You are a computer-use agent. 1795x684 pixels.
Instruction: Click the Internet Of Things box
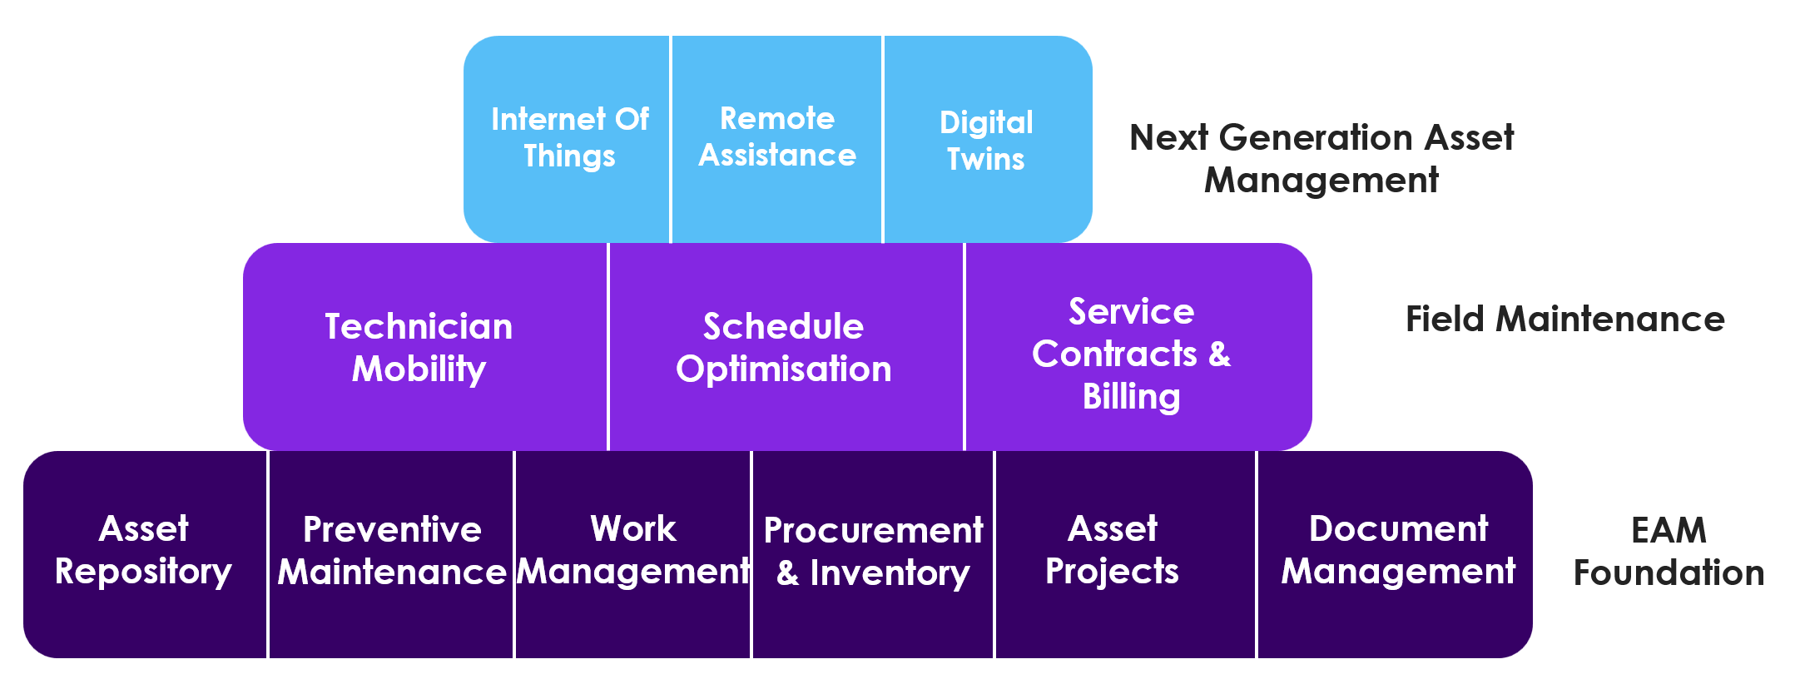[x=567, y=139]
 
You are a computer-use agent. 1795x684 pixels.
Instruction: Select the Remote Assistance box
[x=776, y=139]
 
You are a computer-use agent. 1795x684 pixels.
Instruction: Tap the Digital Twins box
[x=988, y=139]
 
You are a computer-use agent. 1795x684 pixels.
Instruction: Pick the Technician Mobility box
[x=425, y=347]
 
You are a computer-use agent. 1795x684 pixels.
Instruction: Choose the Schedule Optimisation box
[x=786, y=347]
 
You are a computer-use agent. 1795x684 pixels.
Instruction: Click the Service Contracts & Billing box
[x=1138, y=347]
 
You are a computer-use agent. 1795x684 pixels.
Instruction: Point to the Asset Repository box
[x=145, y=554]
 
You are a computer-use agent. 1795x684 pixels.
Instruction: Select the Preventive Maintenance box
[x=391, y=554]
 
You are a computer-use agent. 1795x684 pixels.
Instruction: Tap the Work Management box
[x=633, y=554]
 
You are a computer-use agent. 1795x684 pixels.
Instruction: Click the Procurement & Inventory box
[x=873, y=554]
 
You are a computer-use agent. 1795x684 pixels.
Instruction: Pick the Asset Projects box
[x=1125, y=554]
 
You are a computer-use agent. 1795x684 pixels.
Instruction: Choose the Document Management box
[x=1395, y=554]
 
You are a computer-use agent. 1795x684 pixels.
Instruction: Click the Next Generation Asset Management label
[x=1321, y=158]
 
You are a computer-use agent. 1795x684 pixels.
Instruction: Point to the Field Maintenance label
[x=1565, y=320]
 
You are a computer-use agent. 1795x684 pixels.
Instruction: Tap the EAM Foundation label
[x=1669, y=551]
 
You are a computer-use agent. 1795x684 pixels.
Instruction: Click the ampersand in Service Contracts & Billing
[x=1219, y=354]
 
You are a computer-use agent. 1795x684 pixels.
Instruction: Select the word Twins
[x=986, y=159]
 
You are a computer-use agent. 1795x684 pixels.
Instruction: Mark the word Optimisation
[x=784, y=369]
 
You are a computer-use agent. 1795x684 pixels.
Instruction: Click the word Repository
[x=143, y=572]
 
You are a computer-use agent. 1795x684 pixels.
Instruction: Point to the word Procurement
[x=874, y=531]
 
